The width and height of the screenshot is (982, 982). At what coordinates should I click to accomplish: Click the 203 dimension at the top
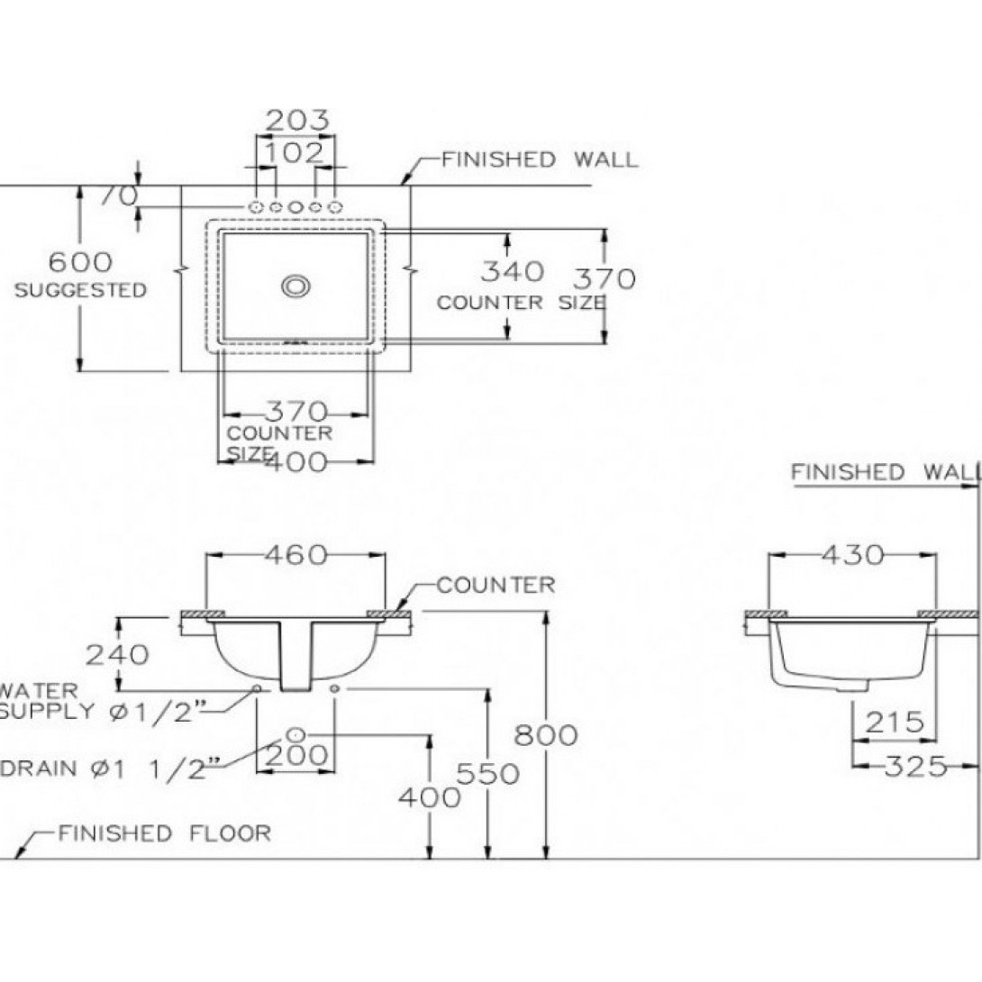coord(297,120)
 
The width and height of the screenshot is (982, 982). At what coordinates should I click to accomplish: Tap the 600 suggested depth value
coord(80,262)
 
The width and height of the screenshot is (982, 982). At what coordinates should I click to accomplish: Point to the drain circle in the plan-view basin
coord(296,286)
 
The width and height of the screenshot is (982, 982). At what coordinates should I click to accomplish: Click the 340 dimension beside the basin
coord(512,270)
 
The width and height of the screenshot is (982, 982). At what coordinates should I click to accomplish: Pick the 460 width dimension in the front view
coord(296,555)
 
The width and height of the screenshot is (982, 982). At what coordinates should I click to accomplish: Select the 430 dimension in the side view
coord(852,555)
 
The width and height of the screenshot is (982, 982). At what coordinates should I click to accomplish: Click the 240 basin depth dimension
coord(116,654)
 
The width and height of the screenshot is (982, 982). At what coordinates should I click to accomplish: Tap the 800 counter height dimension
coord(545,735)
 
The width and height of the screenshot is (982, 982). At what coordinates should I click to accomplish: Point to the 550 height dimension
coord(487,773)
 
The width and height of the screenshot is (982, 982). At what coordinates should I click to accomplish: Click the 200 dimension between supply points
coord(298,755)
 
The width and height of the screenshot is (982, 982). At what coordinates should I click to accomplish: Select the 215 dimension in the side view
coord(895,722)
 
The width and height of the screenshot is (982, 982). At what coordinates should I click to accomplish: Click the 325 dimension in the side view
coord(915,767)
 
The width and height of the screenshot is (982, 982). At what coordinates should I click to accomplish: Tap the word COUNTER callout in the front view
coord(496,586)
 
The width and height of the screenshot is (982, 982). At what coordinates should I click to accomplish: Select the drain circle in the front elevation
coord(297,732)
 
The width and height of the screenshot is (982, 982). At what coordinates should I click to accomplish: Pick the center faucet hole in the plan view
coord(296,208)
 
